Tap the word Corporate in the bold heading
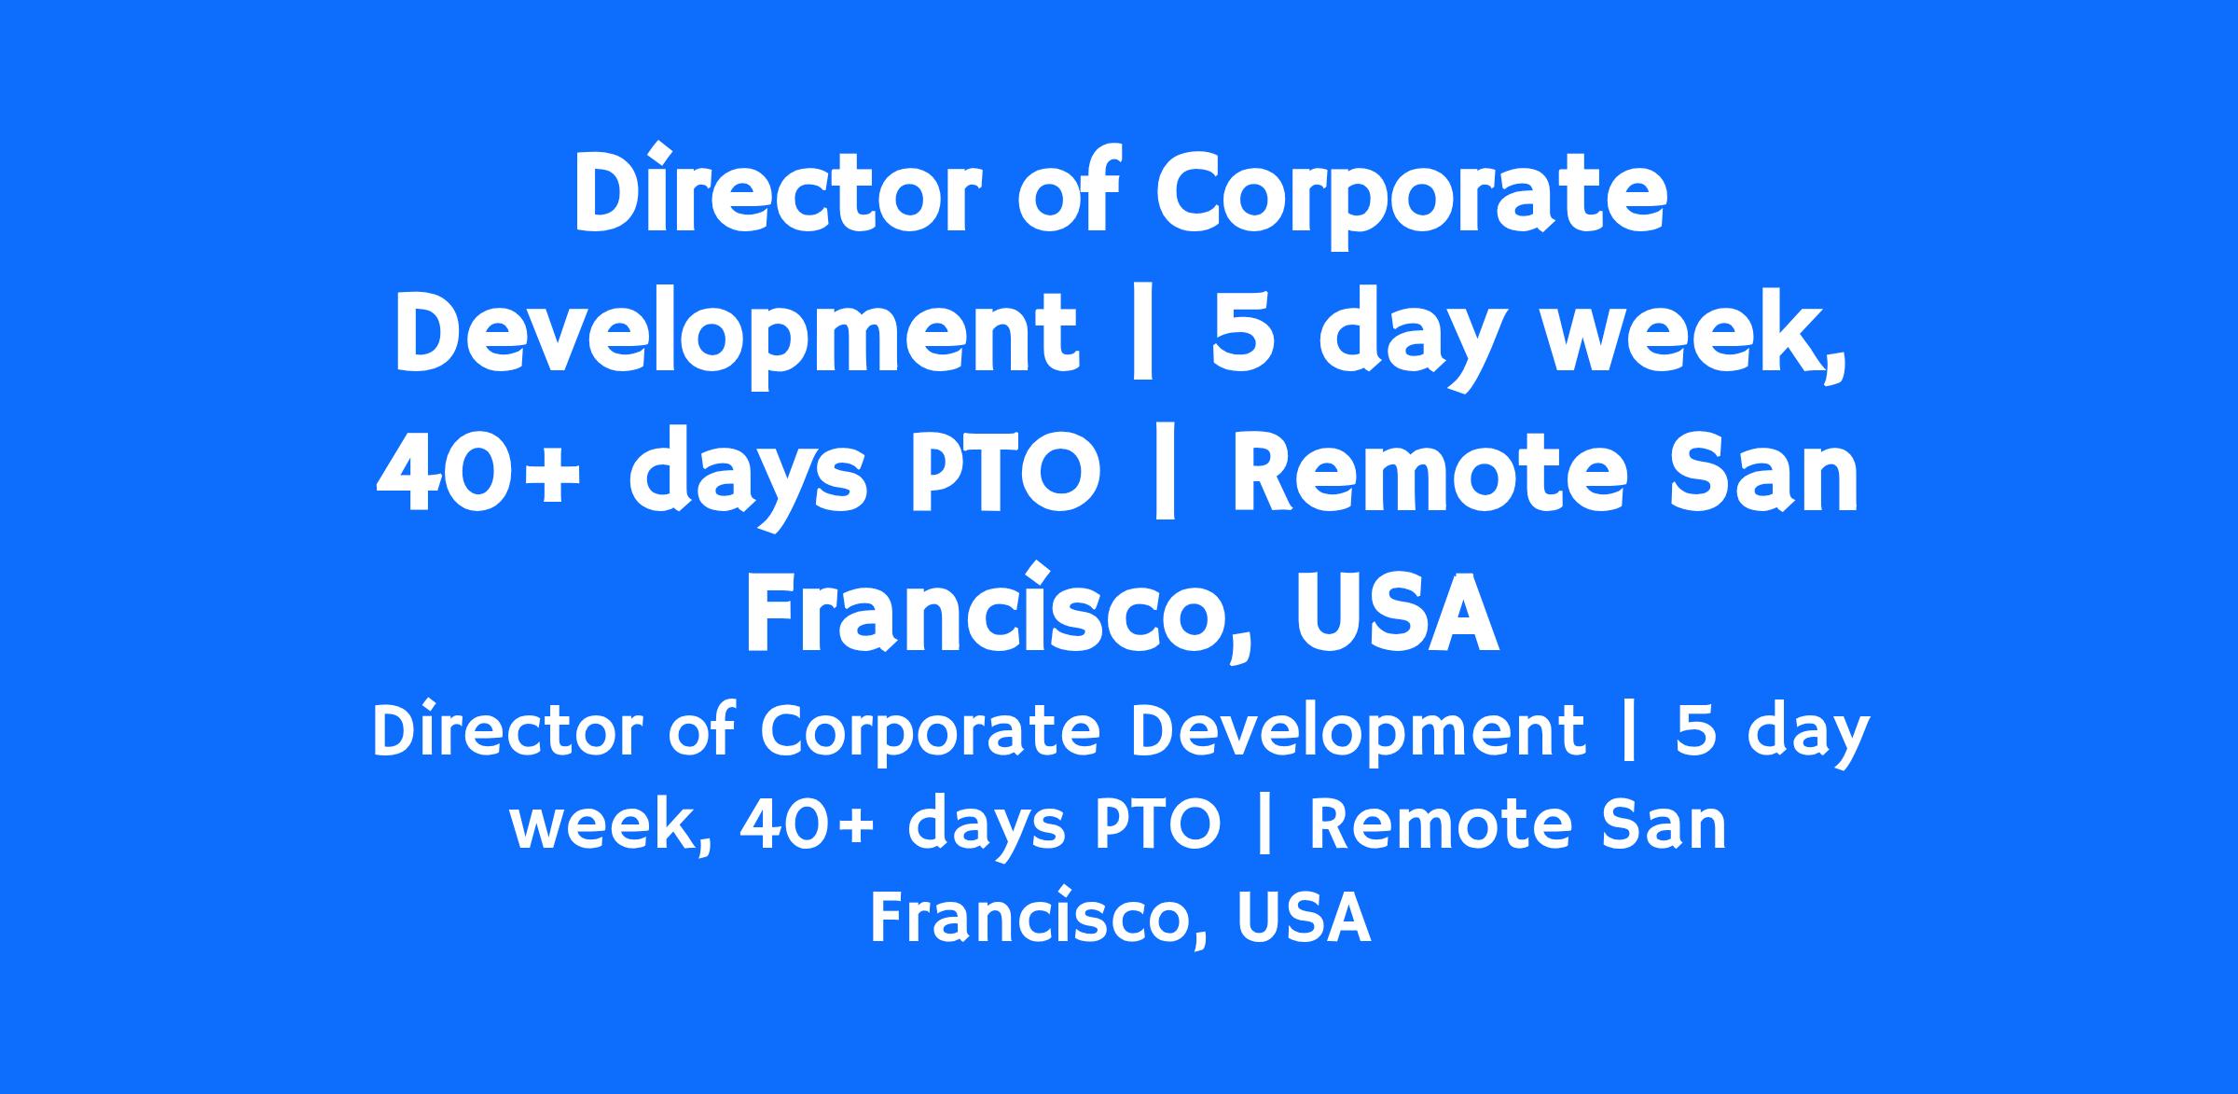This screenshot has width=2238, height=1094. click(1410, 198)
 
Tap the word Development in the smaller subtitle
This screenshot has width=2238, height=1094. click(1358, 735)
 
